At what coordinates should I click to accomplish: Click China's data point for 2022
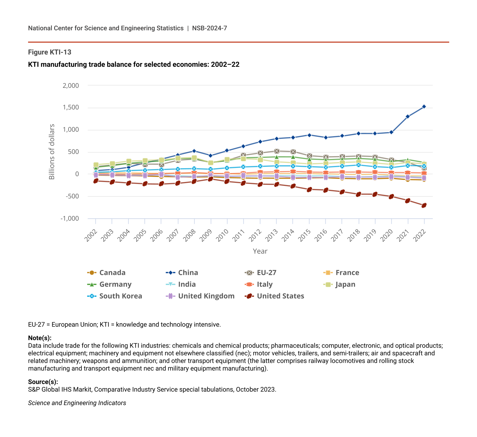(424, 107)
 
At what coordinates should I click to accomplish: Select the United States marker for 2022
(424, 205)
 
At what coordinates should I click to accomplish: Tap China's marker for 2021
(408, 117)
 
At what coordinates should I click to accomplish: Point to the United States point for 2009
(211, 179)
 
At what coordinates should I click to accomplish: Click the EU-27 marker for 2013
(277, 151)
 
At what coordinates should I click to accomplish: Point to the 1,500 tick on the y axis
(71, 108)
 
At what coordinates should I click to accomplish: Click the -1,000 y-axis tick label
(70, 219)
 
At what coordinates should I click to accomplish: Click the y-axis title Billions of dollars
(52, 152)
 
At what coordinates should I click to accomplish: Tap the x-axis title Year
(260, 251)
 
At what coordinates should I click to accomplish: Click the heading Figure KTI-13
(50, 52)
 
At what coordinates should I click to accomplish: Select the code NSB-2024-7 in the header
(209, 28)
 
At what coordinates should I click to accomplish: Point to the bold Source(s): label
(43, 382)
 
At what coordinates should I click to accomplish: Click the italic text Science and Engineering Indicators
(77, 403)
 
